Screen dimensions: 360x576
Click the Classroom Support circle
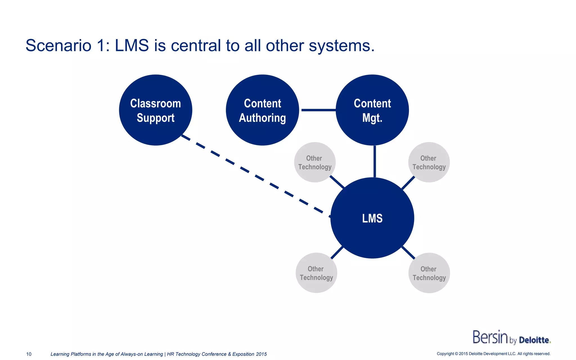coord(156,110)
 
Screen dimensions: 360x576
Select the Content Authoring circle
coord(262,110)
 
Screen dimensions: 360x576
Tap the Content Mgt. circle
coord(372,110)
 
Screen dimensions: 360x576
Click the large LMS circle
coord(372,218)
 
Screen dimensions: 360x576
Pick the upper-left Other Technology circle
coord(315,162)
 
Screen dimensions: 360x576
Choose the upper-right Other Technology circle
coord(429,162)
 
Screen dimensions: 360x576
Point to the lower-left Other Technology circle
coord(316,273)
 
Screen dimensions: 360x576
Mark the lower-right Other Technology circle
coord(429,273)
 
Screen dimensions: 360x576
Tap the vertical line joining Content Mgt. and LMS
coord(375,161)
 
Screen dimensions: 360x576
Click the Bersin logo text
coord(490,337)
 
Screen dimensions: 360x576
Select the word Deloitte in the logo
coord(534,340)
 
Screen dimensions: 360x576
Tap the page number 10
coord(29,354)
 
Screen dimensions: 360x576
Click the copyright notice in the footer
coord(493,354)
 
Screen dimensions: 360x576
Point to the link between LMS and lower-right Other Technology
coord(408,252)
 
